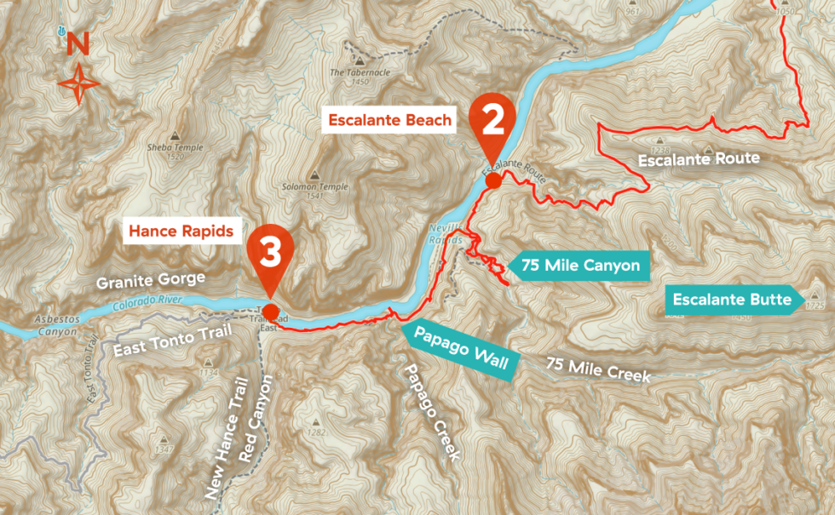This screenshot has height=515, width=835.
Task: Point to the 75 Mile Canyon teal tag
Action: click(579, 266)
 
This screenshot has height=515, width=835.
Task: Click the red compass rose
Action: click(78, 83)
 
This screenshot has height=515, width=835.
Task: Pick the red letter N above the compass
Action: click(78, 43)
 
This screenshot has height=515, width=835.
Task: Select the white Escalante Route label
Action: click(698, 159)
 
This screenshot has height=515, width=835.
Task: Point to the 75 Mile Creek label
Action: click(598, 369)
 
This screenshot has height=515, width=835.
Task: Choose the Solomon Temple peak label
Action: click(303, 186)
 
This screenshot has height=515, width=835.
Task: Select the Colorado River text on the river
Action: click(147, 304)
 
